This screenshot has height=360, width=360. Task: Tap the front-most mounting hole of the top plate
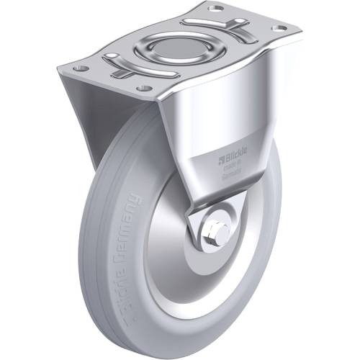144,88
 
